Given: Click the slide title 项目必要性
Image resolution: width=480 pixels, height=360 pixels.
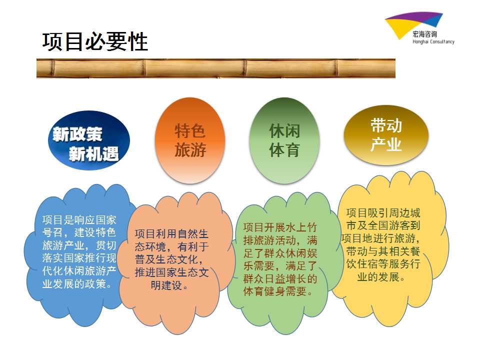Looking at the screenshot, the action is (95, 41).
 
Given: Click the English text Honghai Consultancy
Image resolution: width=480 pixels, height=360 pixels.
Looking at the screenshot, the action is (433, 41).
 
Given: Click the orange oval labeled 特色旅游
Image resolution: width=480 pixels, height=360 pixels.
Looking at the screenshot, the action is (190, 140).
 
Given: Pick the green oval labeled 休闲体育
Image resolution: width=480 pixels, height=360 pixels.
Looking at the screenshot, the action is (284, 140).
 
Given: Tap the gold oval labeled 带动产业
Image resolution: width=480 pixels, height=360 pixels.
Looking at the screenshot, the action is (385, 135).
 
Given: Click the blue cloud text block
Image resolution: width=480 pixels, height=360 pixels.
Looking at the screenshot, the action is (79, 251).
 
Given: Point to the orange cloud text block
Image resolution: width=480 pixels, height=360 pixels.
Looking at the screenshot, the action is (171, 259).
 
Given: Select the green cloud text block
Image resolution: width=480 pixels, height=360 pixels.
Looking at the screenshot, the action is (280, 259).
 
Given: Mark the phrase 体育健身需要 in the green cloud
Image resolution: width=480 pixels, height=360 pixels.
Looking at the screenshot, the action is (274, 291).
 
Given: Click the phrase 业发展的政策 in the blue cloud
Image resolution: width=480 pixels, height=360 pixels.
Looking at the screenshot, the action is (74, 284).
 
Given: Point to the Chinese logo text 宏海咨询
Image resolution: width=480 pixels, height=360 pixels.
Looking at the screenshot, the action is (424, 34).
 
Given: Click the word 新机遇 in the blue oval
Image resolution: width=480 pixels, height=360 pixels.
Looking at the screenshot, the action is (93, 153).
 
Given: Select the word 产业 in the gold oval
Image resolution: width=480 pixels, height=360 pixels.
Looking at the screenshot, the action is (385, 144).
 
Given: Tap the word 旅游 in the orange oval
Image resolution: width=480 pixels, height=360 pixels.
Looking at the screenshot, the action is (190, 150).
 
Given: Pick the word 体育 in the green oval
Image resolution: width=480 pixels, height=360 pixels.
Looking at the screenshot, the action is (284, 150).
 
